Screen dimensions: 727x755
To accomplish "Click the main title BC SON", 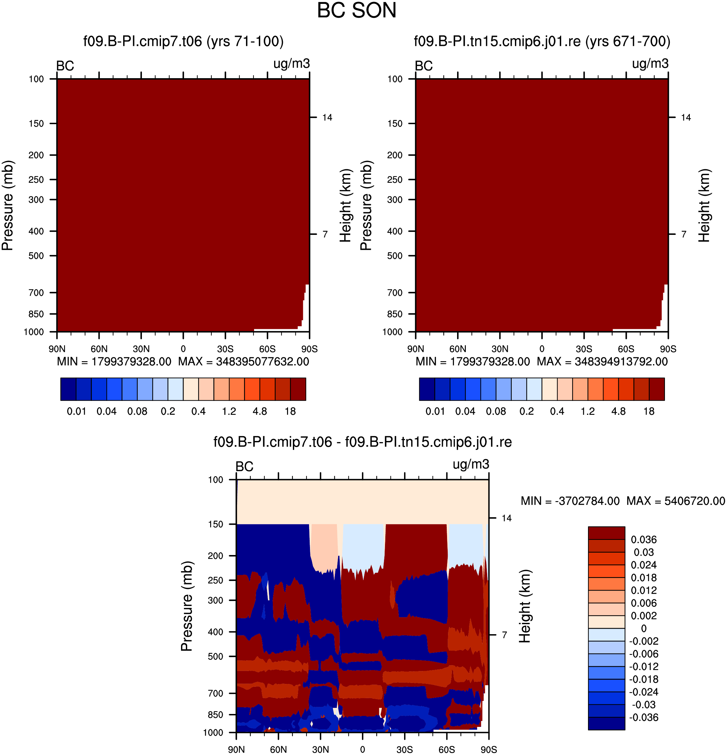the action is coord(357,10).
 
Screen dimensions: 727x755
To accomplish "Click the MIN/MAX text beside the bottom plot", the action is coord(623,501).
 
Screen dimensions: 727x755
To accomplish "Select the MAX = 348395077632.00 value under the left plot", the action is coord(244,361).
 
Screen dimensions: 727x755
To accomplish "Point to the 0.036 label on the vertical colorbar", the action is coord(644,539).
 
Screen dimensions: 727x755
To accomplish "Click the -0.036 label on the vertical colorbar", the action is coord(644,717).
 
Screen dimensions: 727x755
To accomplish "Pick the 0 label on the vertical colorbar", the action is coord(644,628).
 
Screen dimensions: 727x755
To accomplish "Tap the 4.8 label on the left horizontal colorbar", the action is coord(260,411).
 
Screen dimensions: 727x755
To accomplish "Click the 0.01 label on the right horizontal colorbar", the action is coord(435,411).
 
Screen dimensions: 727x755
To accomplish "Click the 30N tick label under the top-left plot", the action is coord(141,349).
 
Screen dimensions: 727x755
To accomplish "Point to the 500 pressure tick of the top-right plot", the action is coord(395,256).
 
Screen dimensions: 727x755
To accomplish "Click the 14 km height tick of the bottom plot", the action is coord(507,518).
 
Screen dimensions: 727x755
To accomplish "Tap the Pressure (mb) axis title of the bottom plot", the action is coord(187,606).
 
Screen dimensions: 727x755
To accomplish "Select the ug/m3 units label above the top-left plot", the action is coord(292,64).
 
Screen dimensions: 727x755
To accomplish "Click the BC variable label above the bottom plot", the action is coord(244,467).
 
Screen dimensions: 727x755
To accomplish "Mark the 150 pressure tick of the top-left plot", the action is coord(36,124).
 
